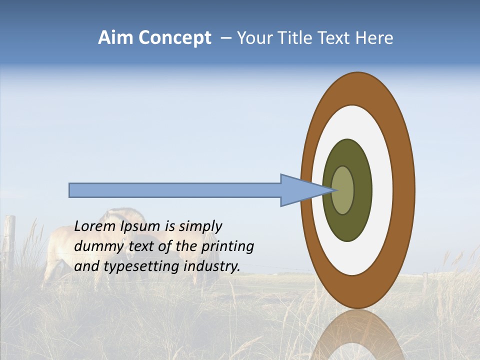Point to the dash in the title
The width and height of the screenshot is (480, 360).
pyautogui.click(x=226, y=38)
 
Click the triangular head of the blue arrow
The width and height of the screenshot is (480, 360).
pyautogui.click(x=300, y=190)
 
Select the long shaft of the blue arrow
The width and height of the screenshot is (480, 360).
pyautogui.click(x=175, y=190)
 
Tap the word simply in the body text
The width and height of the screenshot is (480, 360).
pyautogui.click(x=200, y=226)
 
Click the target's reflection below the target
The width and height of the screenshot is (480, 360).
pyautogui.click(x=357, y=335)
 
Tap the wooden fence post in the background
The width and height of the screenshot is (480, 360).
pyautogui.click(x=10, y=240)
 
